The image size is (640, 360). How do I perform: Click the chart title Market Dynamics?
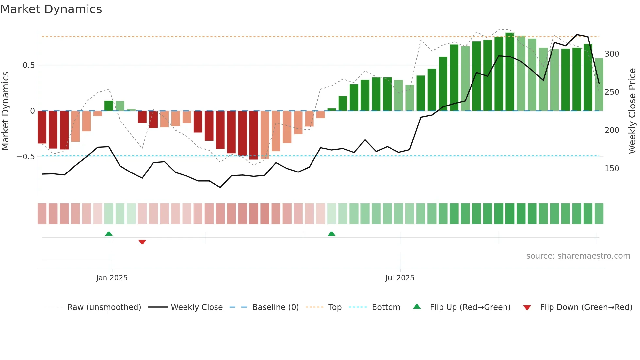pos(51,9)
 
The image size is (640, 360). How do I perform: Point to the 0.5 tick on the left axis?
pos(28,65)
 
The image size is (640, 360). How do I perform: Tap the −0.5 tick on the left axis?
pos(26,157)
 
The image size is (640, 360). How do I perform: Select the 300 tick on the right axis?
pos(612,54)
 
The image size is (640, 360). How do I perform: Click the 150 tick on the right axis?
pos(612,169)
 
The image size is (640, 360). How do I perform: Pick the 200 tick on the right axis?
pos(612,130)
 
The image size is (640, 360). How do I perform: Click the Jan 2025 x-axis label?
pos(112,278)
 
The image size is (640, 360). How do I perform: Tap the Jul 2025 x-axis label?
pos(400,278)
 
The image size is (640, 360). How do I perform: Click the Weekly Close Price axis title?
pos(632,111)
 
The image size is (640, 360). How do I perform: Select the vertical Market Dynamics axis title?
pos(6,111)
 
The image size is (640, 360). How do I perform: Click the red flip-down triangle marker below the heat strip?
pos(142,242)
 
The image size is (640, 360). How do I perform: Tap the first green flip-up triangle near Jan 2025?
pos(109,234)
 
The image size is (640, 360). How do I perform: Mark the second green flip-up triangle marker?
pos(331,234)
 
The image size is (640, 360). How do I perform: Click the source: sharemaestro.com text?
pos(578,256)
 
